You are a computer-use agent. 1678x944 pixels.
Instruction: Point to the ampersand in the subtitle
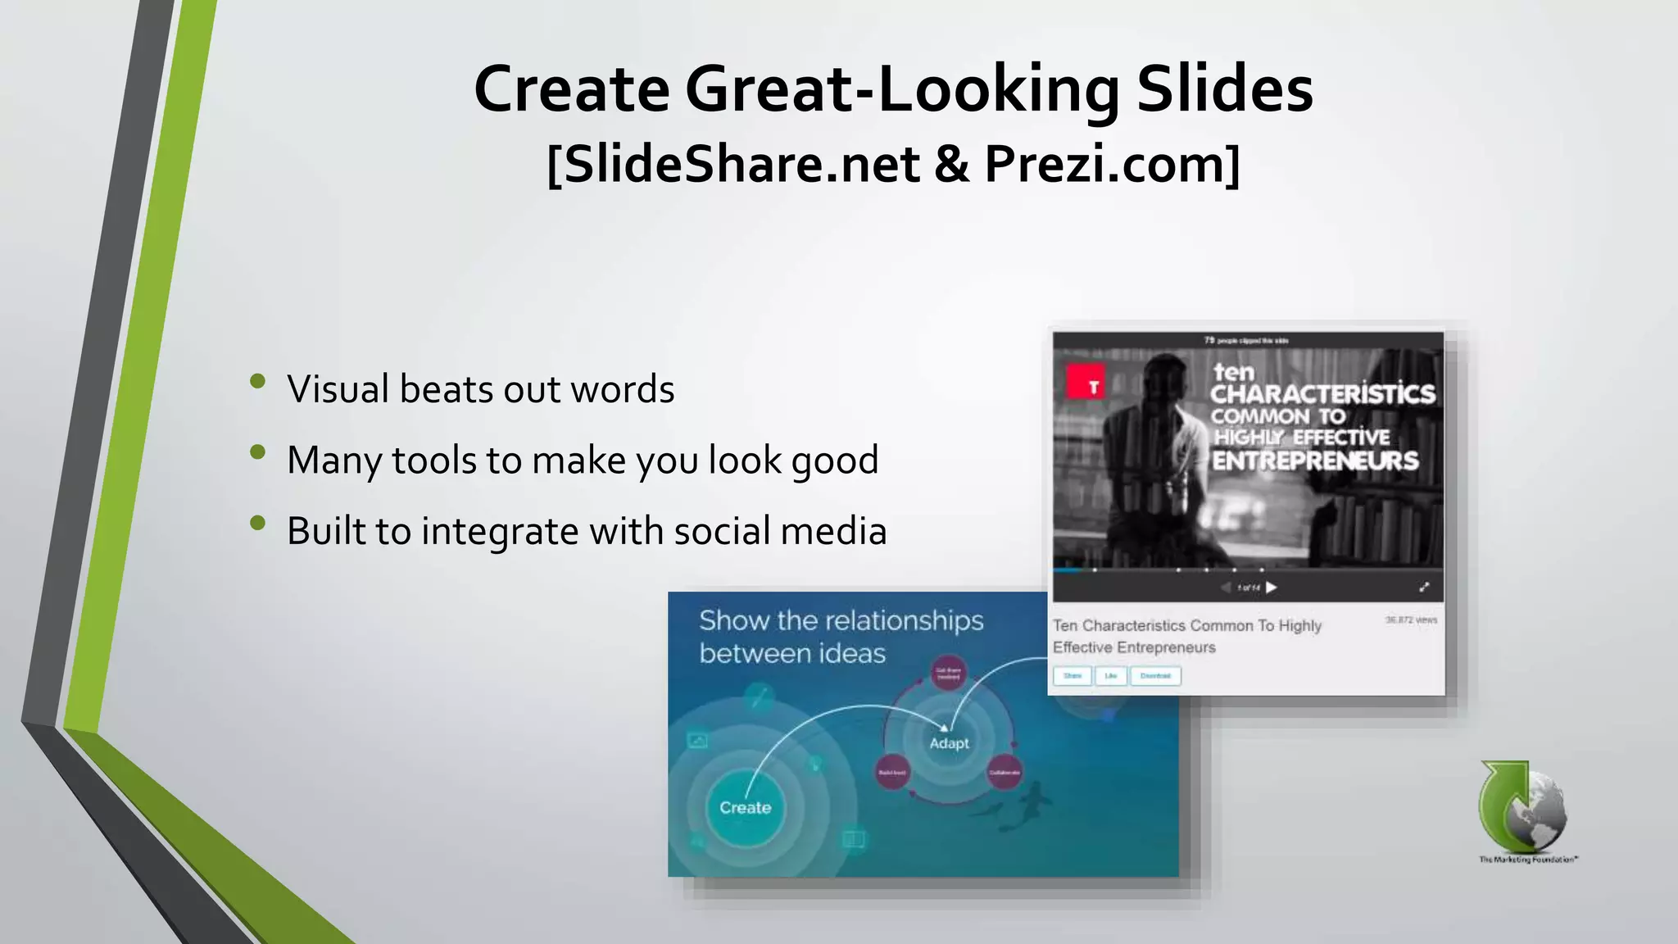point(950,164)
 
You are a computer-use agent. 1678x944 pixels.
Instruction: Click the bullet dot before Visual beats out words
point(258,381)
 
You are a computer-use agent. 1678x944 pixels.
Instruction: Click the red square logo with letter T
point(1086,383)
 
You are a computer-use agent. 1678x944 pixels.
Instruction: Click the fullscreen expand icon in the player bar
point(1424,587)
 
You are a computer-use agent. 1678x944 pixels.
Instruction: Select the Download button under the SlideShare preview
point(1155,676)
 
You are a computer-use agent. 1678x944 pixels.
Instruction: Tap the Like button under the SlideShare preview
point(1110,676)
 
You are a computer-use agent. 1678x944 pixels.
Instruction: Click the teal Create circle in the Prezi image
point(745,808)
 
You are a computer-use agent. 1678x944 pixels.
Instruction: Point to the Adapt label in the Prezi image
point(949,743)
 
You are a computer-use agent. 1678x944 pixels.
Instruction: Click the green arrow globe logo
point(1522,807)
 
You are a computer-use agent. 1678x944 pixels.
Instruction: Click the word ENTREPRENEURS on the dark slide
point(1315,461)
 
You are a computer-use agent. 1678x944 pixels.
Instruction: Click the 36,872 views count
point(1411,620)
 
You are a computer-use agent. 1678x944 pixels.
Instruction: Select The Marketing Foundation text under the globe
point(1527,860)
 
